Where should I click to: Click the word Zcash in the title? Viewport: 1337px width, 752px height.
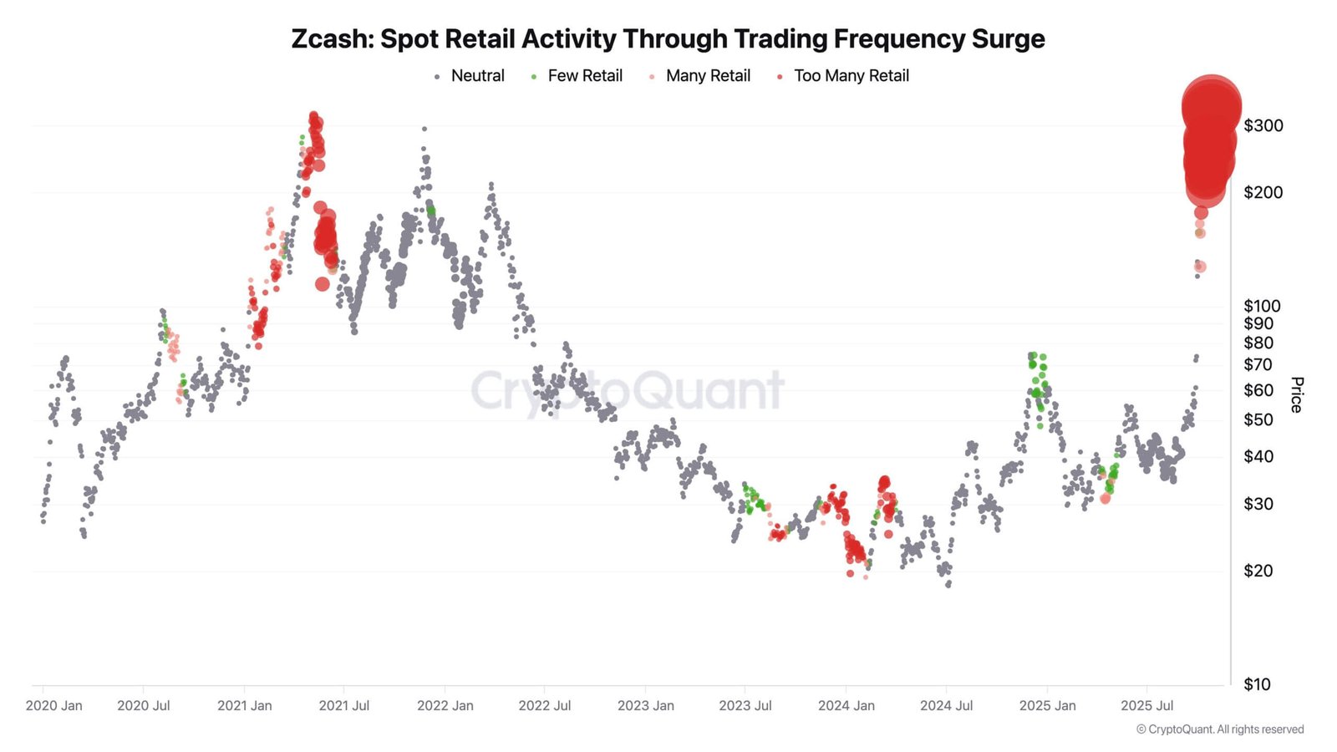click(331, 39)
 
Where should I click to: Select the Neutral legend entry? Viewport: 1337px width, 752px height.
click(476, 76)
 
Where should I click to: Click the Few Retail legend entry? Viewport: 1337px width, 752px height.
click(584, 76)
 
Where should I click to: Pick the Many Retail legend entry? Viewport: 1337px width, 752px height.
click(707, 76)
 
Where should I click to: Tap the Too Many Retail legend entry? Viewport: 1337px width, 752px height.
click(851, 76)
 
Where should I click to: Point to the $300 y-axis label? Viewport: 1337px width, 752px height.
click(1263, 126)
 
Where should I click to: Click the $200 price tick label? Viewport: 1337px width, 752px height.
click(1263, 193)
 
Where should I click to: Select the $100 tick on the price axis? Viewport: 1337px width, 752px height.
click(1261, 306)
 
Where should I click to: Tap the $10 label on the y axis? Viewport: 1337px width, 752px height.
click(1257, 684)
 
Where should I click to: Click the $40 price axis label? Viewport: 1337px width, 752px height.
click(1258, 456)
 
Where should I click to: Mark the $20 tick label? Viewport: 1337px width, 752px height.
click(1258, 571)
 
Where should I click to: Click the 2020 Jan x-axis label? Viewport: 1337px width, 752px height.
click(54, 706)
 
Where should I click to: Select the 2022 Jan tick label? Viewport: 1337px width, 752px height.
click(445, 706)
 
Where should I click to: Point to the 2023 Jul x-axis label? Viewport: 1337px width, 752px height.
click(745, 706)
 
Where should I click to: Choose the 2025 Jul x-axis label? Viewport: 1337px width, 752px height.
click(1146, 706)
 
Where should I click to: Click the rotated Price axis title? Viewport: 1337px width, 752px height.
click(1296, 394)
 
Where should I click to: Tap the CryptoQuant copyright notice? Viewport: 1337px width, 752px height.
click(1219, 729)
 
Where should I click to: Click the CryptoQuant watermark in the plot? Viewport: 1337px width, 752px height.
click(627, 390)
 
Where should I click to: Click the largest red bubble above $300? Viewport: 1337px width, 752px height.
click(1211, 106)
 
